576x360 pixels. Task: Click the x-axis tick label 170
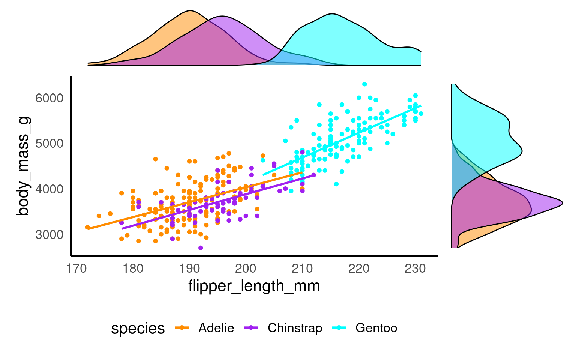coord(76,268)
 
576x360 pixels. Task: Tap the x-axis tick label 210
coord(303,268)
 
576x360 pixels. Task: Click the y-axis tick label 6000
coord(49,98)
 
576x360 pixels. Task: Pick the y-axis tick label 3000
coord(49,235)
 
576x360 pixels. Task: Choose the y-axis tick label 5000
coord(49,144)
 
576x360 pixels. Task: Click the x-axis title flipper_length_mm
coord(254,286)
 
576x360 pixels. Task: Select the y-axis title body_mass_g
coord(23,166)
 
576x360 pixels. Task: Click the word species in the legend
coord(138,328)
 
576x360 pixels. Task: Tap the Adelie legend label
coord(216,328)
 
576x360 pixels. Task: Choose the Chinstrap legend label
coord(295,328)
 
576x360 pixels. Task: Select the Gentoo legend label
coord(376,328)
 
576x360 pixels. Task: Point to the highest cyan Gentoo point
coord(364,84)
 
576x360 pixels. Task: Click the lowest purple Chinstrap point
coord(201,248)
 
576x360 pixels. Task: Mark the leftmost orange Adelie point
coord(88,227)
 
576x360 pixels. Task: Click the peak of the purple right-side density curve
coord(562,203)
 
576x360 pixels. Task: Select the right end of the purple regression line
coord(313,175)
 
